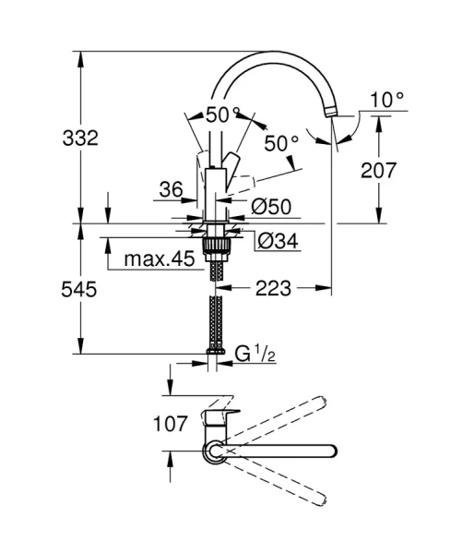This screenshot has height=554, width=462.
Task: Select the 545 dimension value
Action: click(x=81, y=289)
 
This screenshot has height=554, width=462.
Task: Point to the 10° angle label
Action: click(x=387, y=99)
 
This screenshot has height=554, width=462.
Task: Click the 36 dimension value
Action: click(x=171, y=188)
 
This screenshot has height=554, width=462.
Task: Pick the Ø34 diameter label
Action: click(x=274, y=241)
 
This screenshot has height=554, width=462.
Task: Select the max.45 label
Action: click(x=159, y=259)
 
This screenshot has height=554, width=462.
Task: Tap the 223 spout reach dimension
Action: click(x=274, y=289)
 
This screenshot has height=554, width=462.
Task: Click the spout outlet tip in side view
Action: click(x=330, y=114)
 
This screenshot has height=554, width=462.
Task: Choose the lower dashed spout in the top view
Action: click(x=277, y=481)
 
